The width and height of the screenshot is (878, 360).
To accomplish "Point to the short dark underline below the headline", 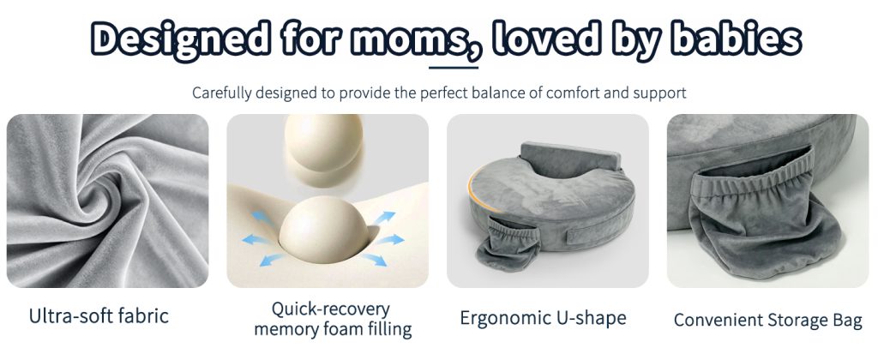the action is [454, 68].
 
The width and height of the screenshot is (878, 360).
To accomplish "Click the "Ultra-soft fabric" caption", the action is [99, 315].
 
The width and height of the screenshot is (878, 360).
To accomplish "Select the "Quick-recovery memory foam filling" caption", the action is [333, 319].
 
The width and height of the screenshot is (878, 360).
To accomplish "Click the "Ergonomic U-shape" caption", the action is [543, 317].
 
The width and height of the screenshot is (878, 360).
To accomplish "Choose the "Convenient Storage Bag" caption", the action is [767, 320].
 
